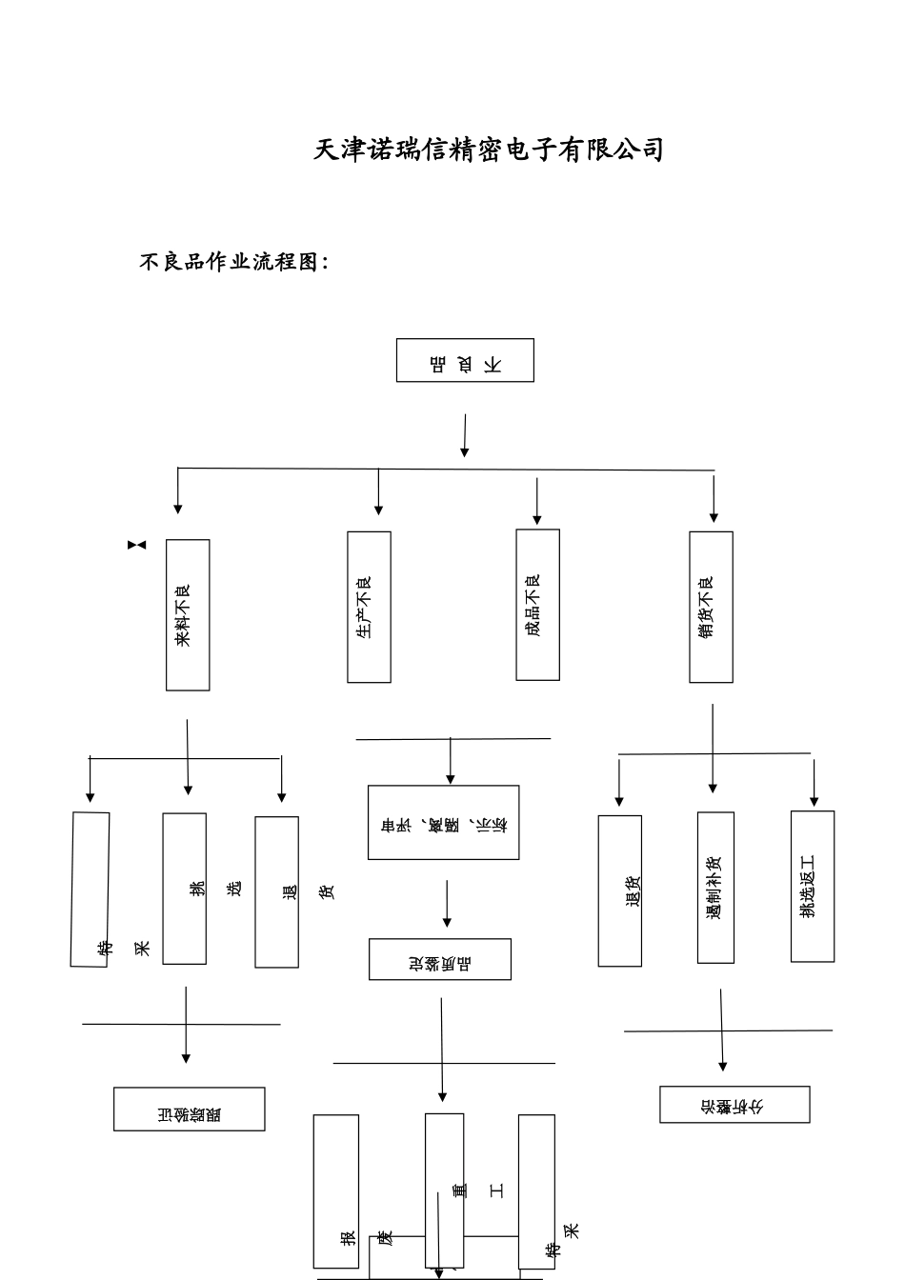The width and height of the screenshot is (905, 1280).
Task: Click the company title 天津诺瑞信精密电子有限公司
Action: point(488,150)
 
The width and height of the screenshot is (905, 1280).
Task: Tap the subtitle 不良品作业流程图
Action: point(233,262)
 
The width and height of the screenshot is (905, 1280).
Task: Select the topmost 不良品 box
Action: point(465,361)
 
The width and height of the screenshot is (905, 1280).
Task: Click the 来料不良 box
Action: point(188,615)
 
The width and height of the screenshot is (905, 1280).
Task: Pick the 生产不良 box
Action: point(369,608)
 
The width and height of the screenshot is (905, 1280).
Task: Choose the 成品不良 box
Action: point(537,605)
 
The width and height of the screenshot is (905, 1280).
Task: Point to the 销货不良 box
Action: point(711,608)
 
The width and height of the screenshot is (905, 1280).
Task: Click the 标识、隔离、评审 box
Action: point(444,823)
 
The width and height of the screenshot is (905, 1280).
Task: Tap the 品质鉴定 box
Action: point(440,960)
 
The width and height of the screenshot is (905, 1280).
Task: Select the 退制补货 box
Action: point(715,888)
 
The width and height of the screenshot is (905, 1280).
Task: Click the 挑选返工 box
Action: point(812,887)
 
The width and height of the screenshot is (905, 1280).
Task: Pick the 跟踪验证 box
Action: point(189,1110)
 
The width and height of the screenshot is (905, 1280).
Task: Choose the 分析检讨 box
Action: point(734,1105)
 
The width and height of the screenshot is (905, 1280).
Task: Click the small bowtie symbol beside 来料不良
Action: point(137,545)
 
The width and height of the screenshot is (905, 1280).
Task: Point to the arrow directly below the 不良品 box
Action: point(464,435)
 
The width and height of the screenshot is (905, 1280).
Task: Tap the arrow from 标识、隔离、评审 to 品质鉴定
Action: point(446,904)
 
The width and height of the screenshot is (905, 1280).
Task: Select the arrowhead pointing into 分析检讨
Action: point(723,1066)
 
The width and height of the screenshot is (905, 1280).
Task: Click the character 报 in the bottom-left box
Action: point(348,1239)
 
